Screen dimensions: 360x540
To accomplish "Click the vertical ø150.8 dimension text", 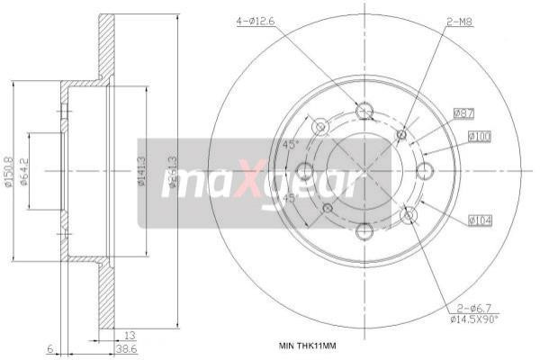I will pos(8,170).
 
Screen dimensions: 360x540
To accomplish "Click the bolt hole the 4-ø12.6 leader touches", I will pos(364,111).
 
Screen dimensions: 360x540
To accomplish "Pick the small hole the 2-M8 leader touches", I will pos(401,135).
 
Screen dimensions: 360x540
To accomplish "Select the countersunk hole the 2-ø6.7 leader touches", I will pos(409,214).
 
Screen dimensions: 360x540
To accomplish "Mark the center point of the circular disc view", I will pos(364,171).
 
